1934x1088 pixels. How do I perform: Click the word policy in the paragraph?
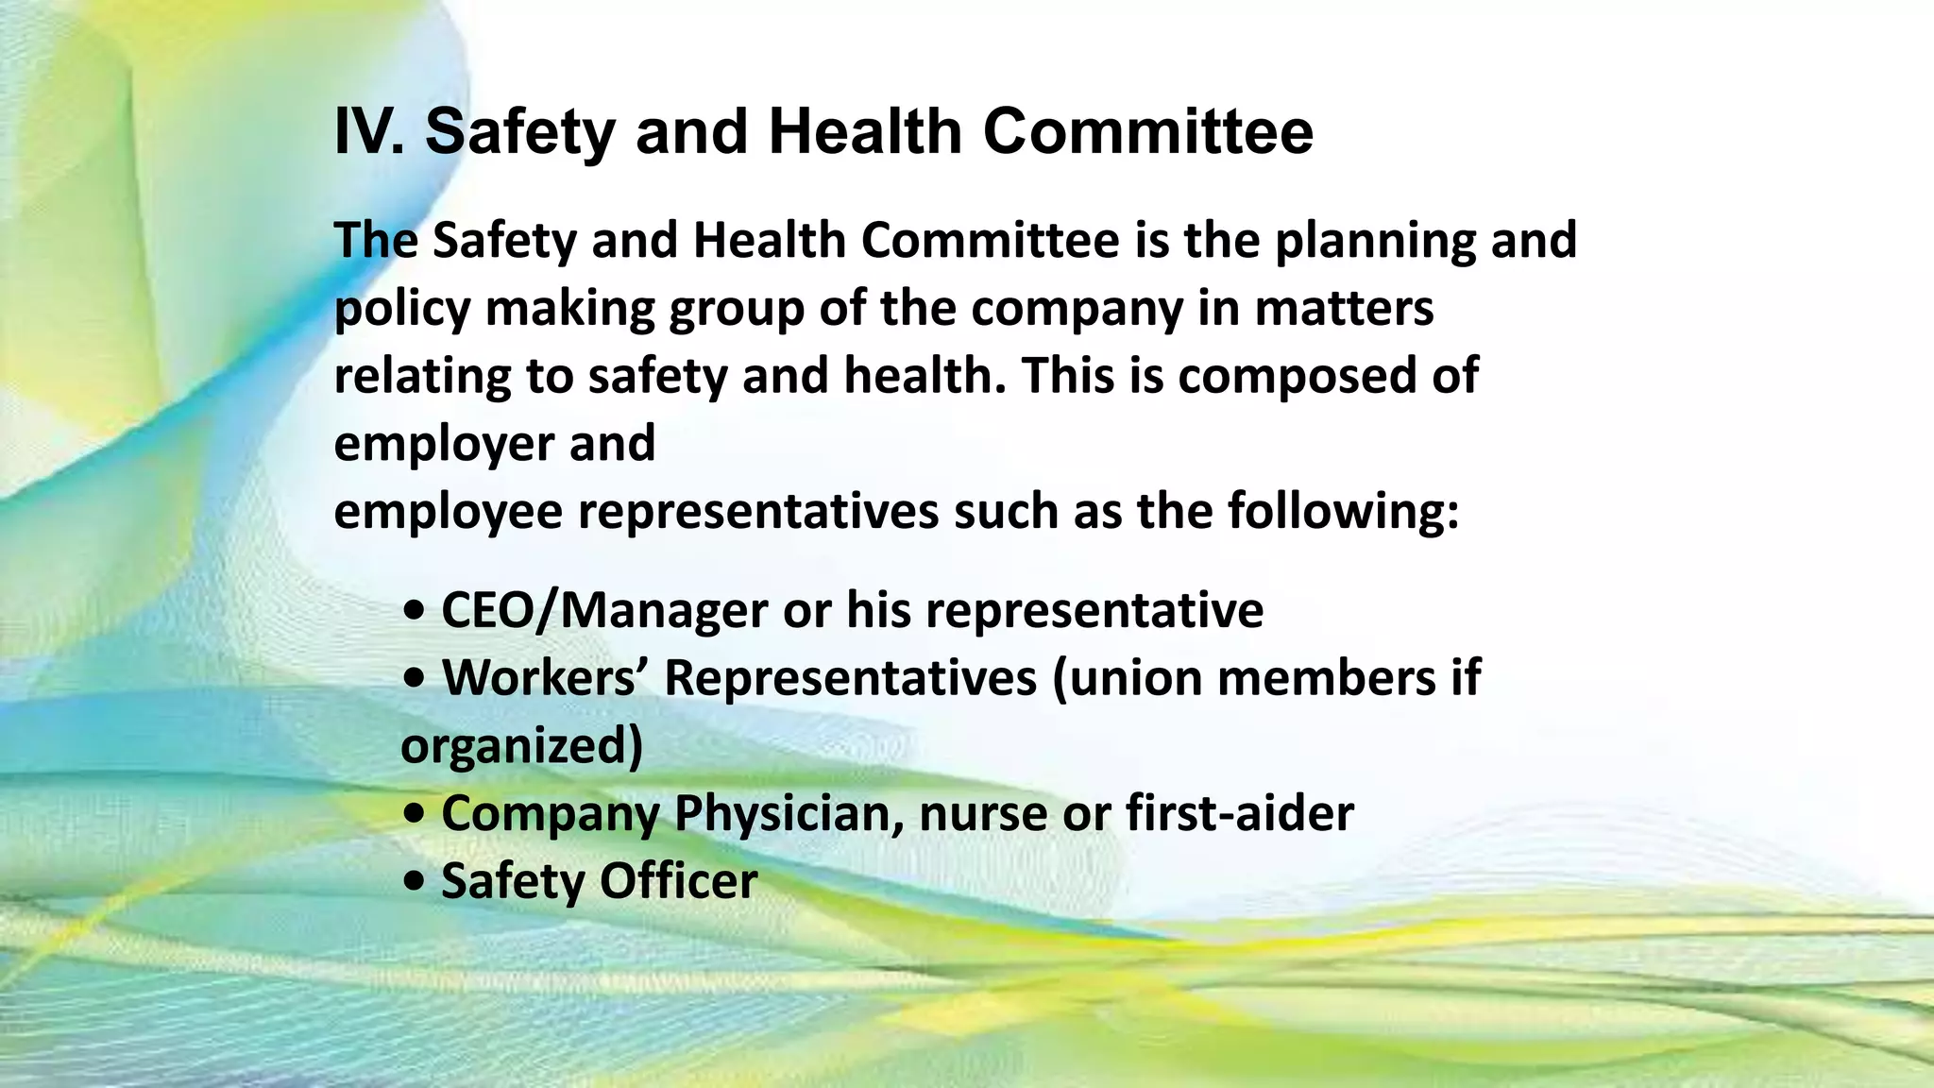tap(401, 309)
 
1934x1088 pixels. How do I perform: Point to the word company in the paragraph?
tap(1077, 309)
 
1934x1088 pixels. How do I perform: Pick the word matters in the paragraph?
tap(1344, 309)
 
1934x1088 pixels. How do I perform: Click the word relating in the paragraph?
tap(421, 377)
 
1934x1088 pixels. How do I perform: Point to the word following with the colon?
tap(1344, 513)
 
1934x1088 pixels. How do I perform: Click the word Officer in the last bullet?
tap(678, 882)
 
